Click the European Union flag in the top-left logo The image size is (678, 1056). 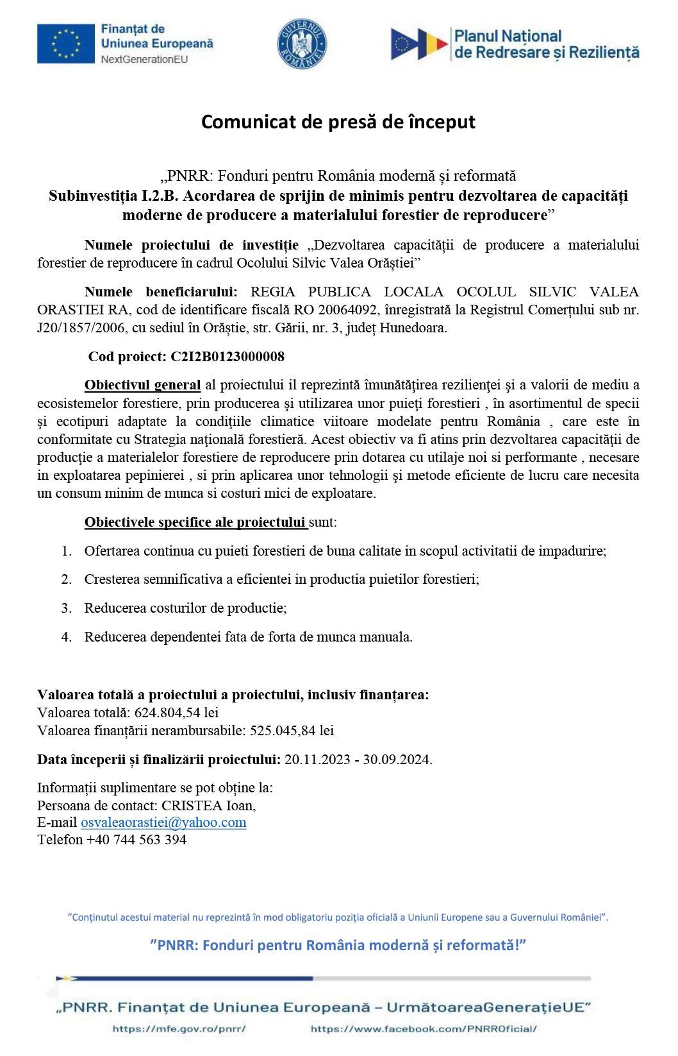point(64,44)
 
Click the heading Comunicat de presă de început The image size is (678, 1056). point(338,122)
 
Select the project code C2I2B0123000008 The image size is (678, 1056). point(227,357)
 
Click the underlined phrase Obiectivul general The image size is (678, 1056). point(142,386)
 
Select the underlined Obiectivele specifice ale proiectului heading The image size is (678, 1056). point(195,522)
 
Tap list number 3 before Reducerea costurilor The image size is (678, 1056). point(66,608)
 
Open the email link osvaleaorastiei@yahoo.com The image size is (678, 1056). point(163,822)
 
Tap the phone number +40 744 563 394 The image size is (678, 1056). point(136,840)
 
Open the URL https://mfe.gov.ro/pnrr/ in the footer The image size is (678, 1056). point(179,1029)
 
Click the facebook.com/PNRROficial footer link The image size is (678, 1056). point(424,1029)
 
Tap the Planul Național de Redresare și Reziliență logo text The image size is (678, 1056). point(546,44)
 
